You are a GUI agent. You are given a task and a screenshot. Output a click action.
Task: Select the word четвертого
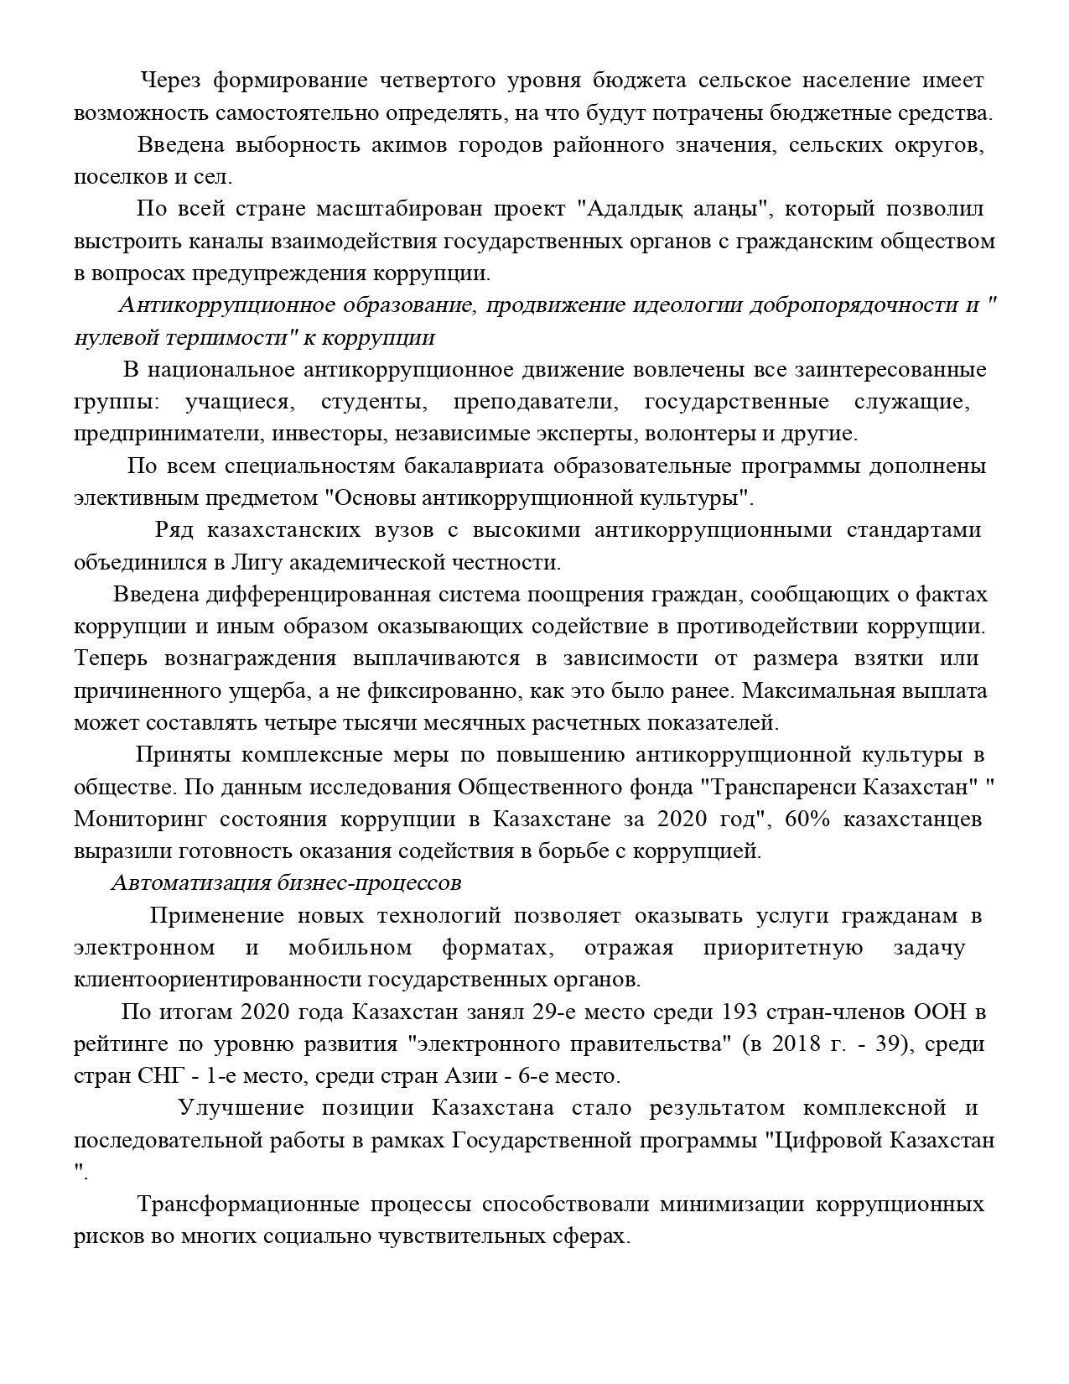pos(434,81)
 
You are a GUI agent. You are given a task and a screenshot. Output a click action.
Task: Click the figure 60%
pos(807,819)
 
